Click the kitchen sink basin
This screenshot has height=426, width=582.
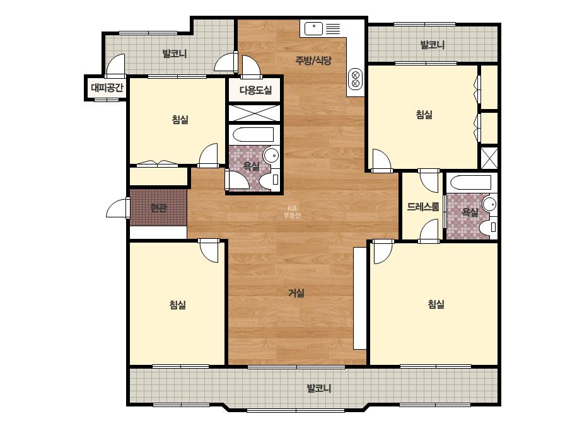[x=313, y=28]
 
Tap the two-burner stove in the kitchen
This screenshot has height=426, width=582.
[x=355, y=79]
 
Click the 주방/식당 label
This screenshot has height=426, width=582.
[x=313, y=60]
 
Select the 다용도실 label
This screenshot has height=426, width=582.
[x=255, y=90]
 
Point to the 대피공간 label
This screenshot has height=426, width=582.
[x=107, y=88]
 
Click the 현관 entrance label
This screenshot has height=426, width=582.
[x=158, y=207]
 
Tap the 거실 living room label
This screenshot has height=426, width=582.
[x=296, y=293]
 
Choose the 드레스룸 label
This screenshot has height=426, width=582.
[x=422, y=206]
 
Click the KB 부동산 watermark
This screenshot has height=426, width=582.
[x=292, y=212]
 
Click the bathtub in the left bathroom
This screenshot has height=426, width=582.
[x=253, y=135]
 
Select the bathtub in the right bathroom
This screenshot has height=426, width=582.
[x=471, y=183]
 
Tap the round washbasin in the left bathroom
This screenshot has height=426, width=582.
[x=271, y=155]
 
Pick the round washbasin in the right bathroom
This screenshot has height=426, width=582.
[x=489, y=204]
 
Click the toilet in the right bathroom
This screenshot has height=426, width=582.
[x=488, y=227]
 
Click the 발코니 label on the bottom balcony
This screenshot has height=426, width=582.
[x=318, y=389]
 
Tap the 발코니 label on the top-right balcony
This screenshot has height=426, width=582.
[x=432, y=45]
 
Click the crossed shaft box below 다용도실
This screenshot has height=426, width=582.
[x=254, y=113]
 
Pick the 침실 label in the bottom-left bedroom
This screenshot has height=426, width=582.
[x=177, y=305]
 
